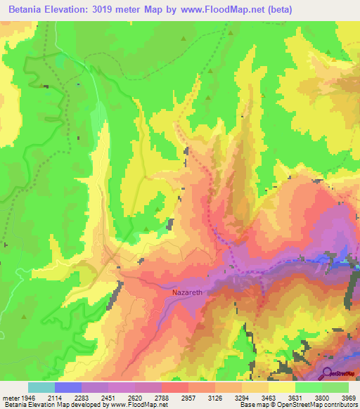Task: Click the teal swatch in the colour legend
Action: point(41,387)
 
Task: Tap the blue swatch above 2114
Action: point(68,387)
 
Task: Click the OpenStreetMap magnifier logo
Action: point(328,373)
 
